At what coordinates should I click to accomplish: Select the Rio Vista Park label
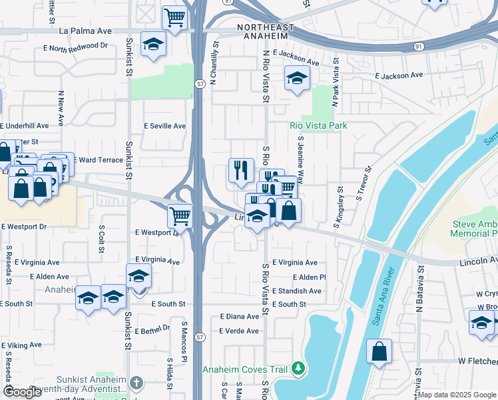(x=318, y=125)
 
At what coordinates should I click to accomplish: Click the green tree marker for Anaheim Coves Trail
(x=299, y=368)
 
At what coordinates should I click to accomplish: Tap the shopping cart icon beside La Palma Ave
(x=174, y=18)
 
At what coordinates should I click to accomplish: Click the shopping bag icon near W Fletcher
(x=379, y=351)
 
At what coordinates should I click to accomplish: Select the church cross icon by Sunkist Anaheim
(x=136, y=383)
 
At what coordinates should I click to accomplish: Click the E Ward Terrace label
(x=93, y=160)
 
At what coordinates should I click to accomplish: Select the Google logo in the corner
(x=23, y=392)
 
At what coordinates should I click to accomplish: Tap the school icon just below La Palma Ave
(x=154, y=45)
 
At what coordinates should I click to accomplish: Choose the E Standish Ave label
(x=297, y=291)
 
